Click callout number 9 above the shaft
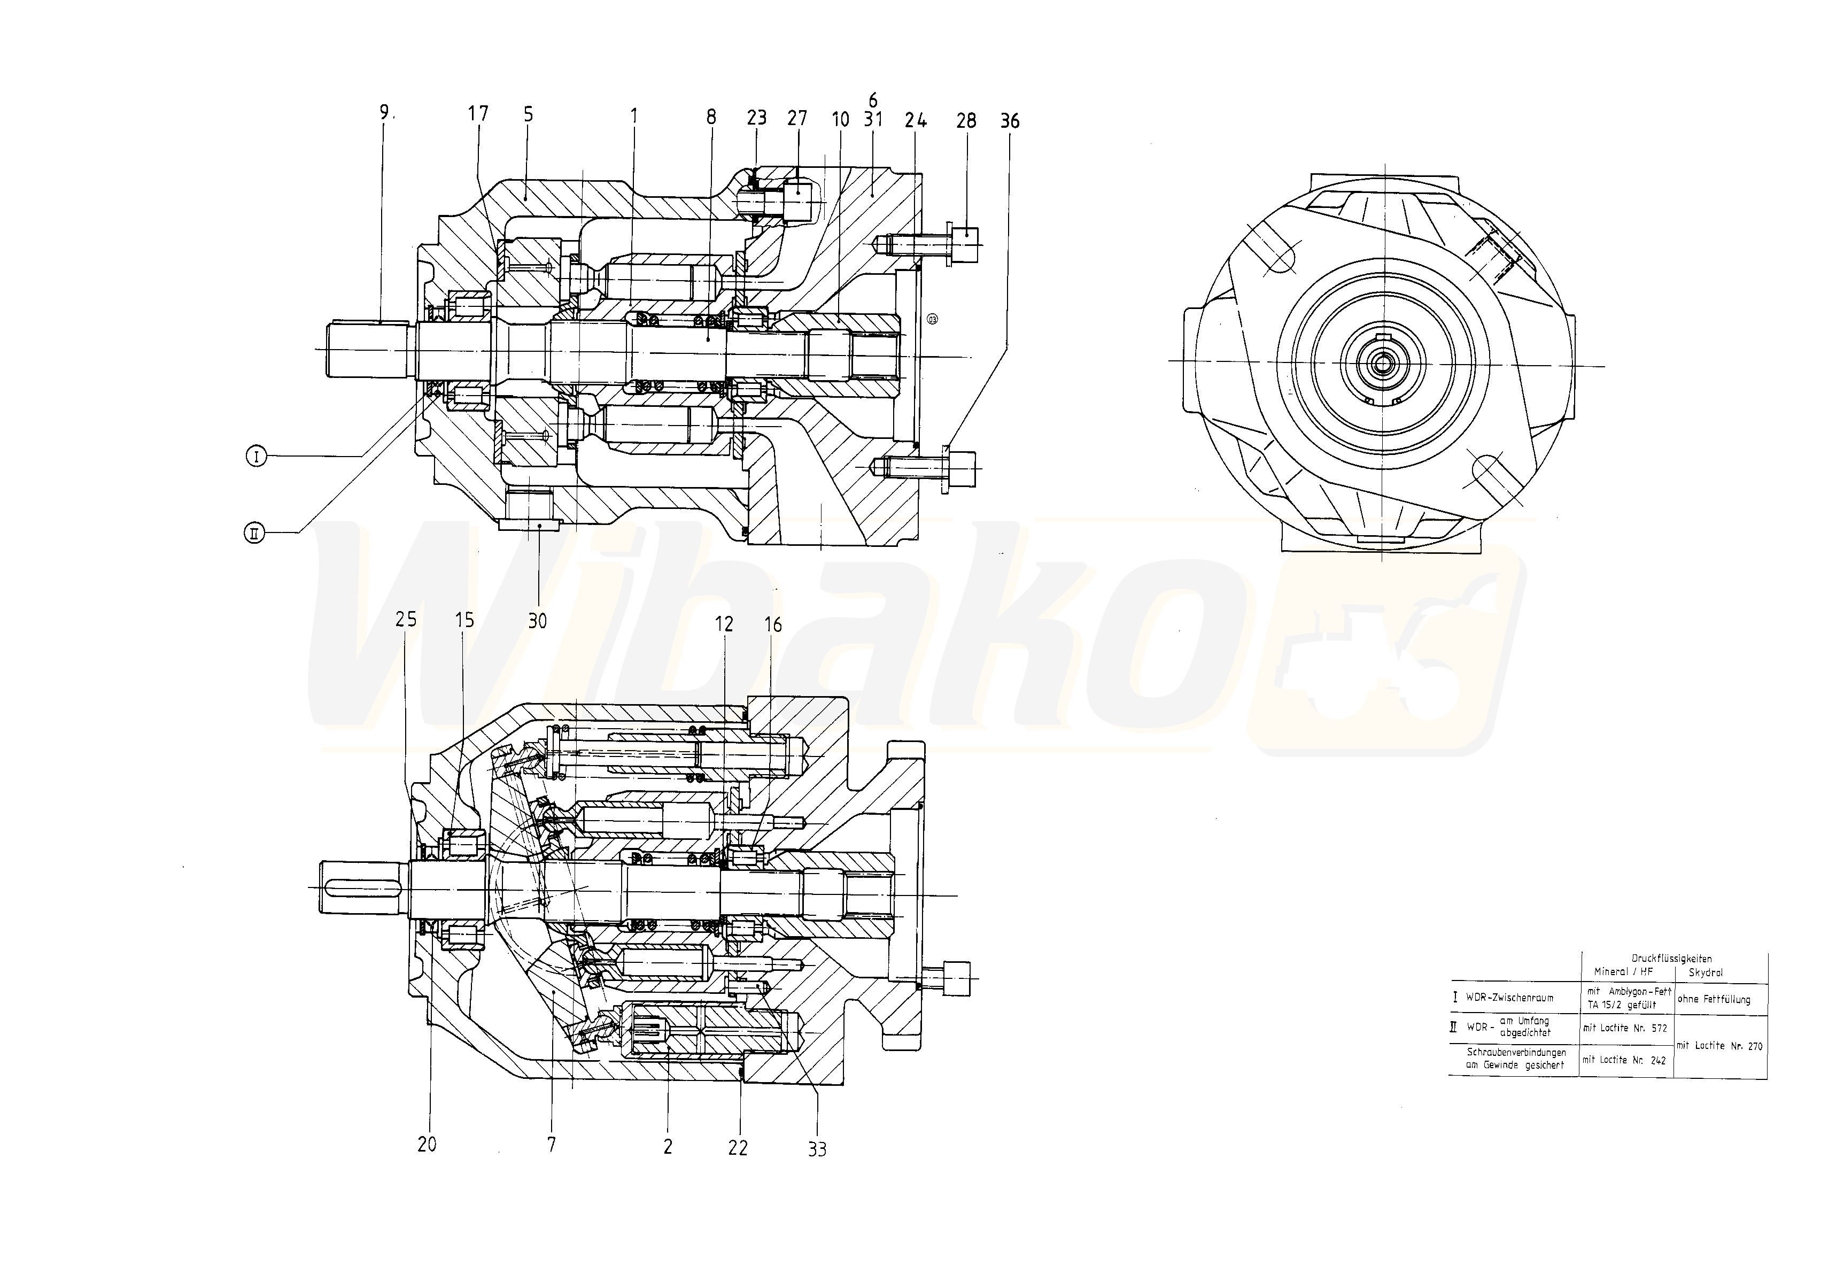(x=384, y=113)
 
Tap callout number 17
(x=478, y=114)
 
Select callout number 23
(x=756, y=118)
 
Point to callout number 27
(x=797, y=118)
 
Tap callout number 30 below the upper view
(x=538, y=621)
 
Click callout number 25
(x=406, y=620)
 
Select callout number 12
(x=724, y=624)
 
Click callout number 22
(x=738, y=1148)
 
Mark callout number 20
(x=427, y=1145)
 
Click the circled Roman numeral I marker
(x=256, y=457)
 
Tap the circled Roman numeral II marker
(x=254, y=533)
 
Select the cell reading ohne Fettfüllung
(x=1713, y=999)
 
